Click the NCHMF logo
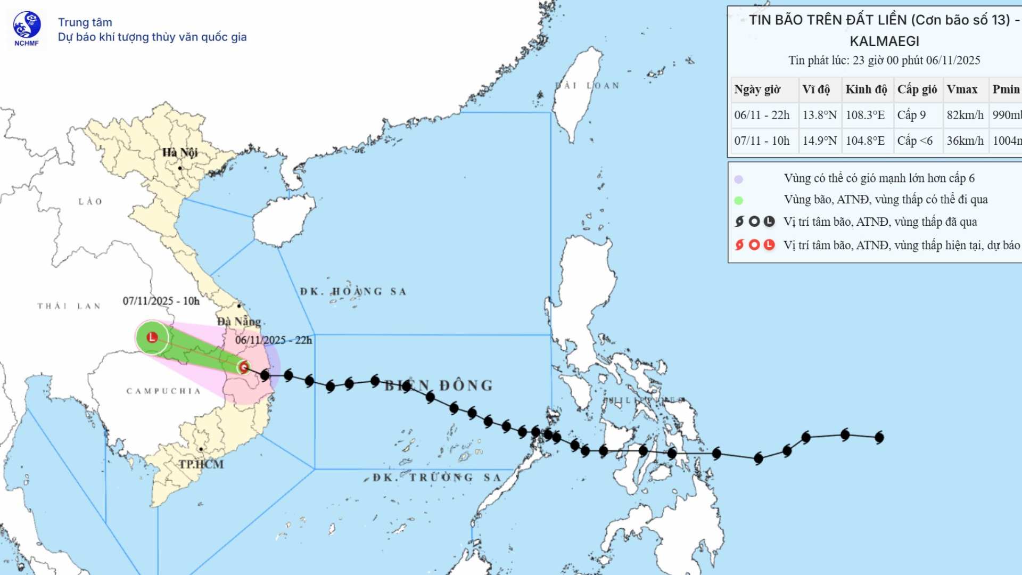(x=27, y=28)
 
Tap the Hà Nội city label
(x=180, y=153)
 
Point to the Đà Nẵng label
(x=240, y=322)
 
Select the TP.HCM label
(x=201, y=464)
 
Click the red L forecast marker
(x=152, y=337)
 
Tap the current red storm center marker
(x=244, y=367)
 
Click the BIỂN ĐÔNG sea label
(x=439, y=385)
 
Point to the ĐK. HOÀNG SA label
(x=353, y=292)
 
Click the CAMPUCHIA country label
(x=163, y=391)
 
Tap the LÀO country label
(x=90, y=202)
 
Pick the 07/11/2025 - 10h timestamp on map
(x=161, y=301)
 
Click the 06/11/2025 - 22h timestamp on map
(x=274, y=340)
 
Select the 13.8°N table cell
(x=820, y=115)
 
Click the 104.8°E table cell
(x=865, y=141)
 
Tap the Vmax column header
(x=962, y=89)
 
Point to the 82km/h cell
(x=965, y=115)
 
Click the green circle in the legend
(x=738, y=201)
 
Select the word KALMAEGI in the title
(x=884, y=41)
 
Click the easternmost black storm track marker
(x=879, y=438)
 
